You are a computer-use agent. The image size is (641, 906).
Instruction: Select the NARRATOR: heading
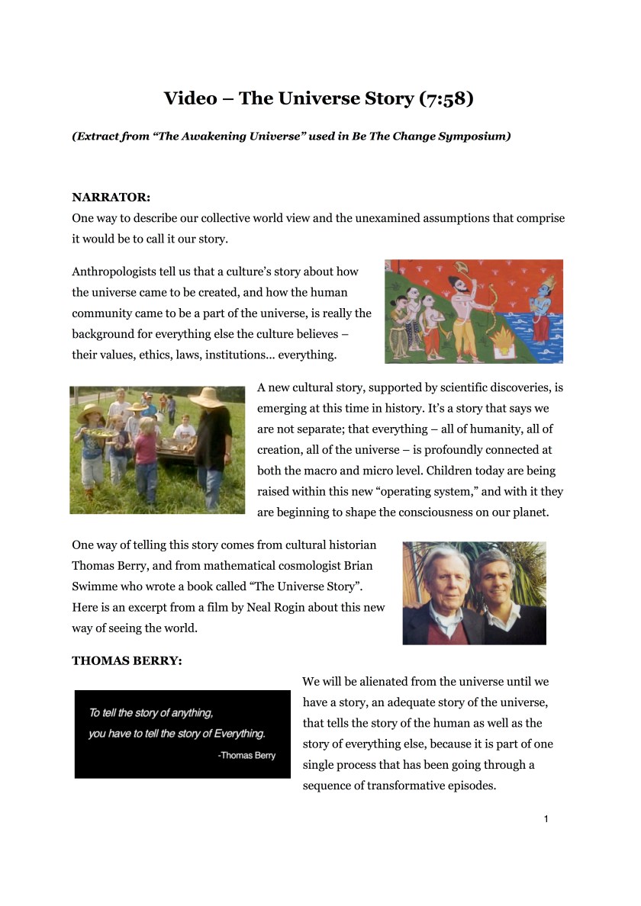point(111,197)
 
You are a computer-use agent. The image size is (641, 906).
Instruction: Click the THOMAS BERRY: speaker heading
point(127,661)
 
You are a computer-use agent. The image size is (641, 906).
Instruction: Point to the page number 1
point(546,819)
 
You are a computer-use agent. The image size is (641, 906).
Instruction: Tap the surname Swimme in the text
point(94,586)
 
